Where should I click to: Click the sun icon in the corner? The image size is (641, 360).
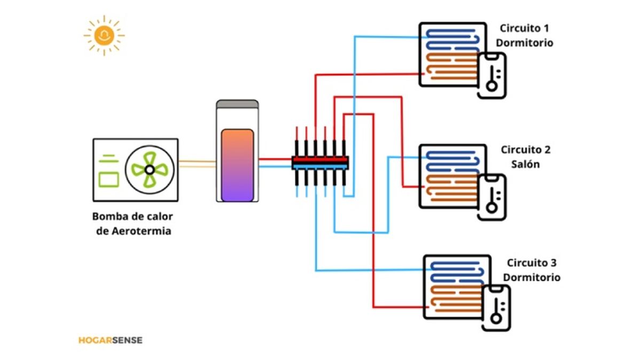coord(104,35)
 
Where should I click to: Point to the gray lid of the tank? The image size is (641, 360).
coord(237,103)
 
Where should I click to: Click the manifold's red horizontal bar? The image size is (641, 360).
coord(320,159)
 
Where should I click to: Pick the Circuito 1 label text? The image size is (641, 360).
coord(524,28)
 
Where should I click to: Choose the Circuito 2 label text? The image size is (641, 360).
coord(526,150)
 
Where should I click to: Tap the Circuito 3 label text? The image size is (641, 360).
coord(531,263)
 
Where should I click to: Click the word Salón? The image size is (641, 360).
coord(526,165)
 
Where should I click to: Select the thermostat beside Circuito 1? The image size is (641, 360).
coord(491,75)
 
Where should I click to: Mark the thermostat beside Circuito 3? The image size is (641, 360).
coord(496,308)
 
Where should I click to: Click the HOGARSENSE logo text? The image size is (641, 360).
coord(111,340)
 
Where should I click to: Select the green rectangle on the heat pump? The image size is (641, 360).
coord(109,178)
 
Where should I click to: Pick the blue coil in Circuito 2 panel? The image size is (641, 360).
coord(452,160)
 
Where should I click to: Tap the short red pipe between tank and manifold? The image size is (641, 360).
coord(275,159)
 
